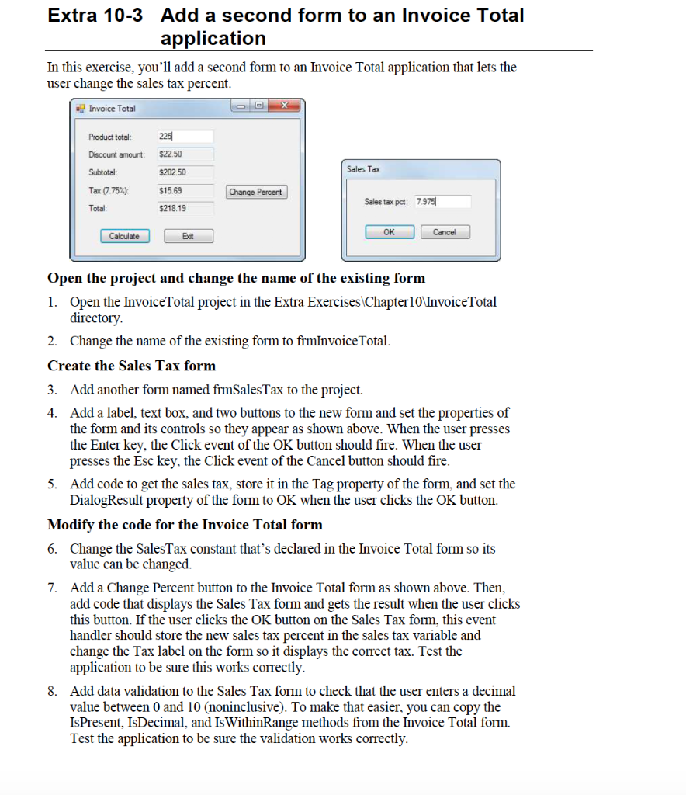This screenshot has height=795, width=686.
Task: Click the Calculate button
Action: [124, 236]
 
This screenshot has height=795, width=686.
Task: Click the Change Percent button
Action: [256, 192]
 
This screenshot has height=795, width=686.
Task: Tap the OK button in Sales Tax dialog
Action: [389, 232]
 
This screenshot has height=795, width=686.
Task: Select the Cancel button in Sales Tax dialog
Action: [445, 232]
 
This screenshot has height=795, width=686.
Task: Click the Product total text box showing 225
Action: [185, 137]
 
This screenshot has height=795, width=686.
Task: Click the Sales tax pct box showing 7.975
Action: [442, 202]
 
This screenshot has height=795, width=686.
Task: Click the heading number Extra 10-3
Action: [95, 16]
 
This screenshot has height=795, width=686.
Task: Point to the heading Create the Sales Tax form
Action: [132, 366]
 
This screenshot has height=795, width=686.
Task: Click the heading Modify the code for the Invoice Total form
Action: [185, 525]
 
